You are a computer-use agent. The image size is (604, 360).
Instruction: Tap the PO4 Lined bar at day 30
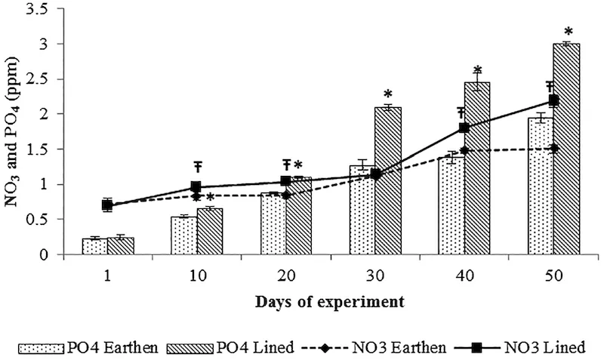387,180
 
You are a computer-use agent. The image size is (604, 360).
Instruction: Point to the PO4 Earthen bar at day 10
183,235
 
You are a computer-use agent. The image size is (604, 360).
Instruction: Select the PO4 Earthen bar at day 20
273,223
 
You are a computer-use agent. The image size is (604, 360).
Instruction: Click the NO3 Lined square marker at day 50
553,100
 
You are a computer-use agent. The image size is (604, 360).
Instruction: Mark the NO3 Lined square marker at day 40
464,128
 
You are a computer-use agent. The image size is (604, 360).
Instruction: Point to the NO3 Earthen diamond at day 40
464,151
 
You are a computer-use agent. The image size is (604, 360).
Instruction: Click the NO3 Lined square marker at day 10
196,186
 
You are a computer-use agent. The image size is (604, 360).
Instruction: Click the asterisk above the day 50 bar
569,32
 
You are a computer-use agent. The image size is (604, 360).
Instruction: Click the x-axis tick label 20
285,276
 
